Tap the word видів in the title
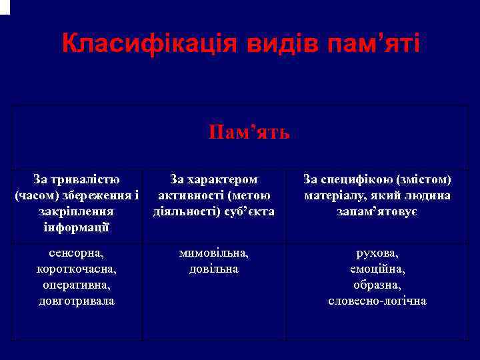(285, 44)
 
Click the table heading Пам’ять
(249, 132)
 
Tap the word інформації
(77, 227)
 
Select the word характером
(224, 179)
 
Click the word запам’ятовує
(377, 211)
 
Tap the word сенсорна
(75, 253)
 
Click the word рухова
(377, 253)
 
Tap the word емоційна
(377, 269)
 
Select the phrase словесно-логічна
(377, 301)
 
